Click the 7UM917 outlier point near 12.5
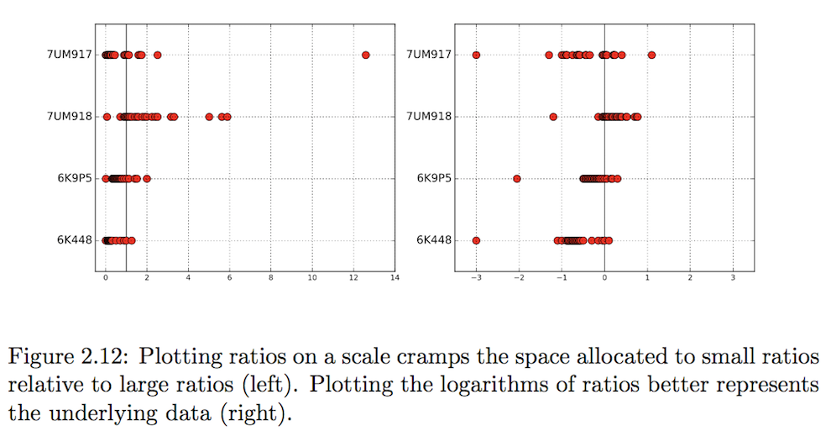[x=365, y=55]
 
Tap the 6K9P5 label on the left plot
[x=76, y=178]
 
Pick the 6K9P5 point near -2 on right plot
[x=517, y=178]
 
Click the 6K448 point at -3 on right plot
[x=476, y=240]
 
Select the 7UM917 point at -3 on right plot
[x=476, y=55]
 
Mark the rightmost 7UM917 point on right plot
[x=651, y=55]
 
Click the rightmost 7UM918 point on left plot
[x=227, y=117]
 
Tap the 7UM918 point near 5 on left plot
[x=209, y=117]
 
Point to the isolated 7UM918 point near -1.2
[x=553, y=117]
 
